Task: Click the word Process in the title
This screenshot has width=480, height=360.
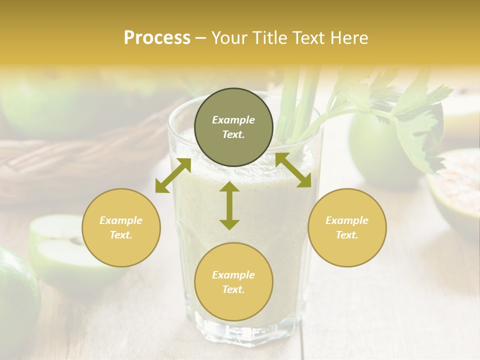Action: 157,38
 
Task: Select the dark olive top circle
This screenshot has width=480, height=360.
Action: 233,127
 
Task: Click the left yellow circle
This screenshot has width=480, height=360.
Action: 121,227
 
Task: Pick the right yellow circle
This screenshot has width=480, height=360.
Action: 347,227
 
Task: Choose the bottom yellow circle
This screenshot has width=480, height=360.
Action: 233,282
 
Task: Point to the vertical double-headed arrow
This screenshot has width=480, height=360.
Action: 229,205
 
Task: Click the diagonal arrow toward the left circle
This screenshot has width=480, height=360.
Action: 173,175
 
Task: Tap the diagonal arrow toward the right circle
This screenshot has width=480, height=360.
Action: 293,170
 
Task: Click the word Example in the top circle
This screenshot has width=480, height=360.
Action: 233,120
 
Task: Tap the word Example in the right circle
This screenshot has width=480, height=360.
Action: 347,220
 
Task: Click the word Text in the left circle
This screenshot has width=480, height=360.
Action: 120,235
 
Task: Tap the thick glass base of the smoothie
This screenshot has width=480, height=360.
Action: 245,327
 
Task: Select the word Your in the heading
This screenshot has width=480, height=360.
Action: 231,38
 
